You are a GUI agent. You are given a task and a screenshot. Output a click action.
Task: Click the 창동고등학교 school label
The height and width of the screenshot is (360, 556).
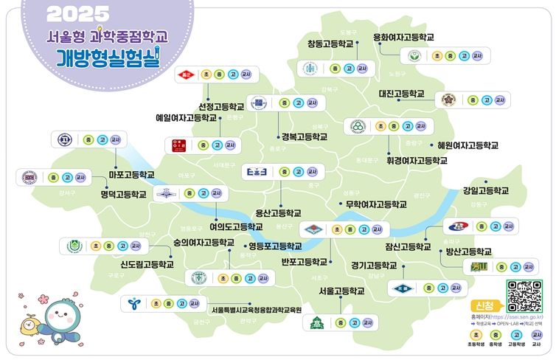[330, 44]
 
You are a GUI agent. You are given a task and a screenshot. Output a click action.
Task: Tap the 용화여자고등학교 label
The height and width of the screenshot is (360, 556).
[403, 37]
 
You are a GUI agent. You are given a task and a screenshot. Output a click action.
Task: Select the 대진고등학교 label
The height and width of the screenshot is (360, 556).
[401, 94]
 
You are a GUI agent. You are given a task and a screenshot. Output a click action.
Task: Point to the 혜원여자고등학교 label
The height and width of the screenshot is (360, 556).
[468, 145]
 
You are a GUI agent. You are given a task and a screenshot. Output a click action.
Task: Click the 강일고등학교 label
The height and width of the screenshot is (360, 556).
[486, 190]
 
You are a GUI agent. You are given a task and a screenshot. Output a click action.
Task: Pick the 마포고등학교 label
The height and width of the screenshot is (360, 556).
[131, 175]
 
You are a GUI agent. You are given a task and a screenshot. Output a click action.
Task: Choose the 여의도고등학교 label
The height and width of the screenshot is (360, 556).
[236, 226]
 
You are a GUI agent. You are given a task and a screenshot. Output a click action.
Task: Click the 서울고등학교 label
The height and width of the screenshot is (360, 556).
[341, 291]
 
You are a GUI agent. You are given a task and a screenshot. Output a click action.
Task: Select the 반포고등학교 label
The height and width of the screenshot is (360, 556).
[304, 261]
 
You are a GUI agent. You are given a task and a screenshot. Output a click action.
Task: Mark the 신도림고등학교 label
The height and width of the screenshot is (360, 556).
[147, 263]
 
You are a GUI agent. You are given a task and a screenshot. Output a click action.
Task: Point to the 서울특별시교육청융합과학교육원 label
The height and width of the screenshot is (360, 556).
[257, 310]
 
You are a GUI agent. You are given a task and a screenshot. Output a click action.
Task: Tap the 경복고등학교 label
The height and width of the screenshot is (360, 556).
[304, 136]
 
